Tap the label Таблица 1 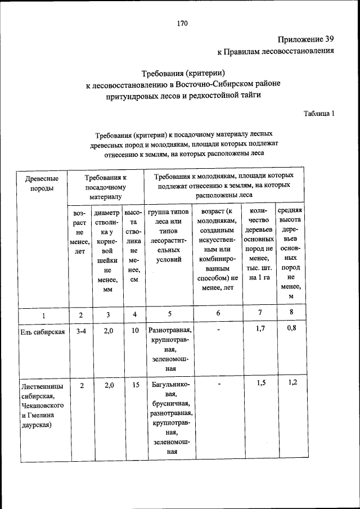click(319, 113)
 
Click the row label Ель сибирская click(42, 331)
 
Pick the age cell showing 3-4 click(80, 331)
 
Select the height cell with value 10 click(135, 331)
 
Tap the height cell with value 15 click(135, 385)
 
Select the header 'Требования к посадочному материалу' click(106, 187)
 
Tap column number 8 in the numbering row click(291, 313)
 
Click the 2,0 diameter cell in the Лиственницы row click(109, 385)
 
